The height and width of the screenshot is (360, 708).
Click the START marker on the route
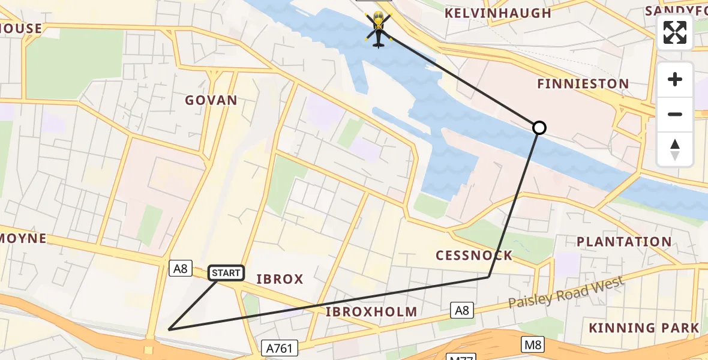(226, 273)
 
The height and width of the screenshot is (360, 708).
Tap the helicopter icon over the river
(378, 29)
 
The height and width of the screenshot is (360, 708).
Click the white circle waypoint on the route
(539, 128)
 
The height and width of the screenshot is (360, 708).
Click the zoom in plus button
(675, 80)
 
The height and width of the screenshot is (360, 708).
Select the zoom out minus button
(675, 114)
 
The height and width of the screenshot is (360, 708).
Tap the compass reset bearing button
(675, 149)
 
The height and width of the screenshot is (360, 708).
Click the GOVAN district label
(211, 100)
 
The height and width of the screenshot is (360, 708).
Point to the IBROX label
(280, 279)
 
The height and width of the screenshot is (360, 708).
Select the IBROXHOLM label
(371, 311)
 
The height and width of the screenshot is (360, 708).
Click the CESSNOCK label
(474, 256)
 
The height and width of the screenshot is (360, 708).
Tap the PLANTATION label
(624, 242)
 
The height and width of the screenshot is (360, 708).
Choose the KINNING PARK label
(644, 328)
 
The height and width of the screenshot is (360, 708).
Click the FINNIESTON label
(583, 84)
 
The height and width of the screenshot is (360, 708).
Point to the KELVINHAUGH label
(497, 13)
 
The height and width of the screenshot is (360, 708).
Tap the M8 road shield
(533, 344)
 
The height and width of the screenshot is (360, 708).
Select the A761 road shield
(280, 347)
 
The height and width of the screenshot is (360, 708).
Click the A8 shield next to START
(179, 268)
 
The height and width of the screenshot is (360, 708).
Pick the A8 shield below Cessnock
(461, 310)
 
